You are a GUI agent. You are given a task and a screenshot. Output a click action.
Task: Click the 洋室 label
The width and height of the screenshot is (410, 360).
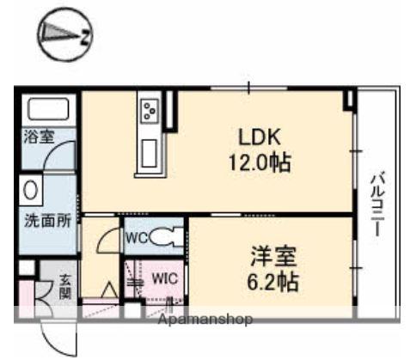click(273, 255)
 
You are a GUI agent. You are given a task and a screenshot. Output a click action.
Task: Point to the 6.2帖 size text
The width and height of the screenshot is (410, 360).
click(273, 280)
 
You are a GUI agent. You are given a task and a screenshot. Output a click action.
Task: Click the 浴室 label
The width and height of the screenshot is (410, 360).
click(36, 136)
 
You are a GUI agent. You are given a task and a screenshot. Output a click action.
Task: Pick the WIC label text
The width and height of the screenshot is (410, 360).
click(165, 278)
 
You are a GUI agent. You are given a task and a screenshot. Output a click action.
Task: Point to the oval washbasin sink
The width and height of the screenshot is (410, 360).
click(29, 188)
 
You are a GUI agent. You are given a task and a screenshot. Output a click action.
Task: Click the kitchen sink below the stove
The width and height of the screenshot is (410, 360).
click(148, 153)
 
